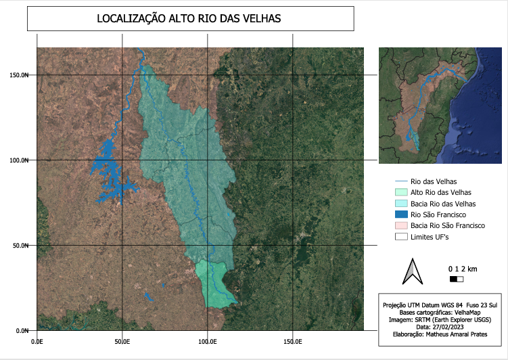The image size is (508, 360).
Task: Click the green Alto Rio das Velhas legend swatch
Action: [x=402, y=193]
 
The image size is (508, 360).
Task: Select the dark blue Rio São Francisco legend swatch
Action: [x=402, y=215]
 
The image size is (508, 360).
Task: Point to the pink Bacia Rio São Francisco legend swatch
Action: [x=402, y=225]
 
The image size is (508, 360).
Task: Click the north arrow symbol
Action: [x=411, y=271]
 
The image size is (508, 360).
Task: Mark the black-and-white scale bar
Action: [x=457, y=279]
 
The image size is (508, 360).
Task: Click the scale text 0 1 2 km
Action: [x=462, y=269]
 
